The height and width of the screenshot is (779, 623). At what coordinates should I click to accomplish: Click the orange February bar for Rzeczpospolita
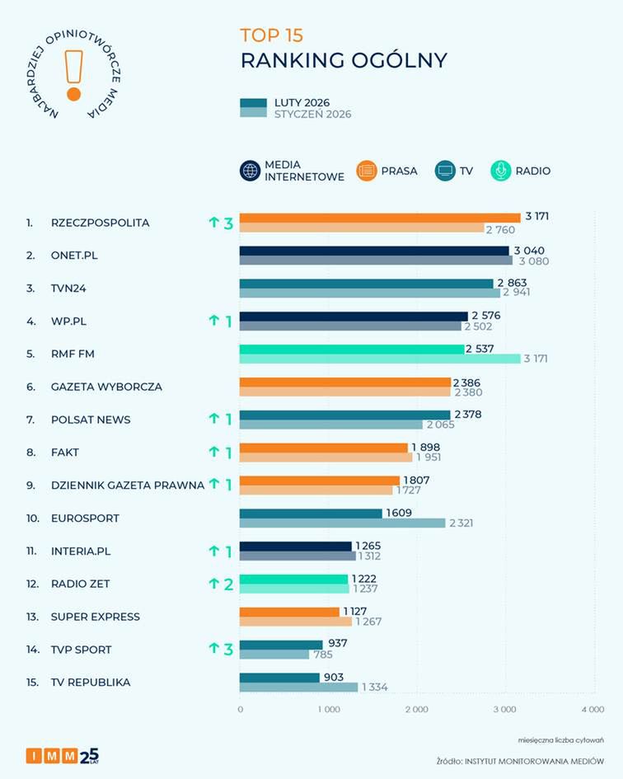tap(380, 218)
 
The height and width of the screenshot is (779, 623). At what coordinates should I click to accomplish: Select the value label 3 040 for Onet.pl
tap(527, 251)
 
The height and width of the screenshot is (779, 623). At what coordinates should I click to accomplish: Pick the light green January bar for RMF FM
tap(380, 359)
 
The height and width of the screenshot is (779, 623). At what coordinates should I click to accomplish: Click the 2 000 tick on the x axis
tap(416, 709)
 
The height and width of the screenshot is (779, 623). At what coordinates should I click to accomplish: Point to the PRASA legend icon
tap(367, 171)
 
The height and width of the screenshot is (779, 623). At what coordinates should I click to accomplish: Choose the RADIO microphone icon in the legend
tap(500, 171)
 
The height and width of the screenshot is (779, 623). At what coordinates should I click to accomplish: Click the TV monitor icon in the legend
tap(445, 171)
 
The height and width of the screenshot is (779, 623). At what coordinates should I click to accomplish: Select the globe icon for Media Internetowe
tap(250, 171)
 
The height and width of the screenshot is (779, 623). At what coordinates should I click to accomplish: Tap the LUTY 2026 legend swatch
tap(253, 103)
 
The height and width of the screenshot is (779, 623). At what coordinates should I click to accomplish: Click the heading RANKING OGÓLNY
tap(344, 60)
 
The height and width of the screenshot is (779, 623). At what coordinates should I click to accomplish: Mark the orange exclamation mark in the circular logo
tap(73, 74)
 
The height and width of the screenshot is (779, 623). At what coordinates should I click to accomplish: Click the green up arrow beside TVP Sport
tap(213, 650)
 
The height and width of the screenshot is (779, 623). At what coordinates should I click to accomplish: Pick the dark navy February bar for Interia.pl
tap(295, 546)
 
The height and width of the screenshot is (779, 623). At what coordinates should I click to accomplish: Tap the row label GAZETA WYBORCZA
tap(106, 387)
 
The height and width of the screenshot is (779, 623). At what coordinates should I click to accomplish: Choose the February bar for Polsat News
tap(344, 415)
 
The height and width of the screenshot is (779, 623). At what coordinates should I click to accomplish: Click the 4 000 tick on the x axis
tap(592, 709)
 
